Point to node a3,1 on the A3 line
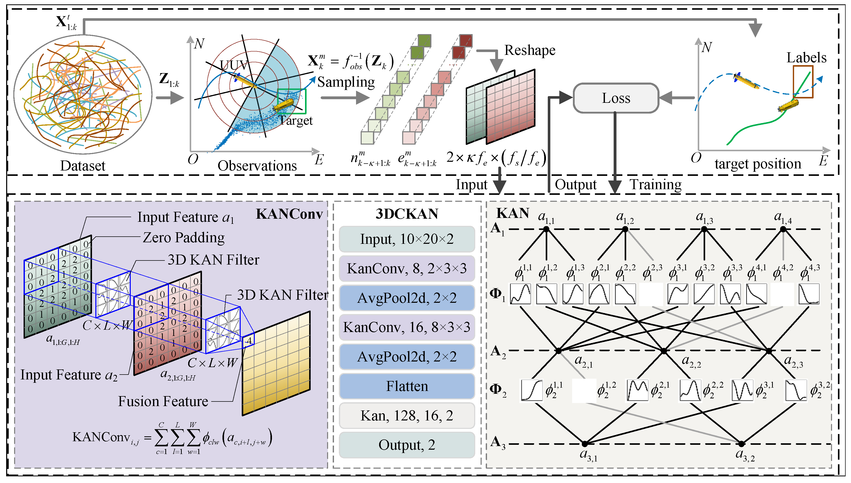(x=584, y=444)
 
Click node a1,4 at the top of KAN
(x=783, y=229)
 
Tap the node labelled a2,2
(x=664, y=351)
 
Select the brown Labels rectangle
(x=803, y=82)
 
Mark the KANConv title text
(x=289, y=214)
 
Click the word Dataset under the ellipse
(x=83, y=166)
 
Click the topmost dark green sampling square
(x=424, y=41)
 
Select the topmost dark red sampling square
(x=466, y=41)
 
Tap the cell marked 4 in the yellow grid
(x=248, y=341)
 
